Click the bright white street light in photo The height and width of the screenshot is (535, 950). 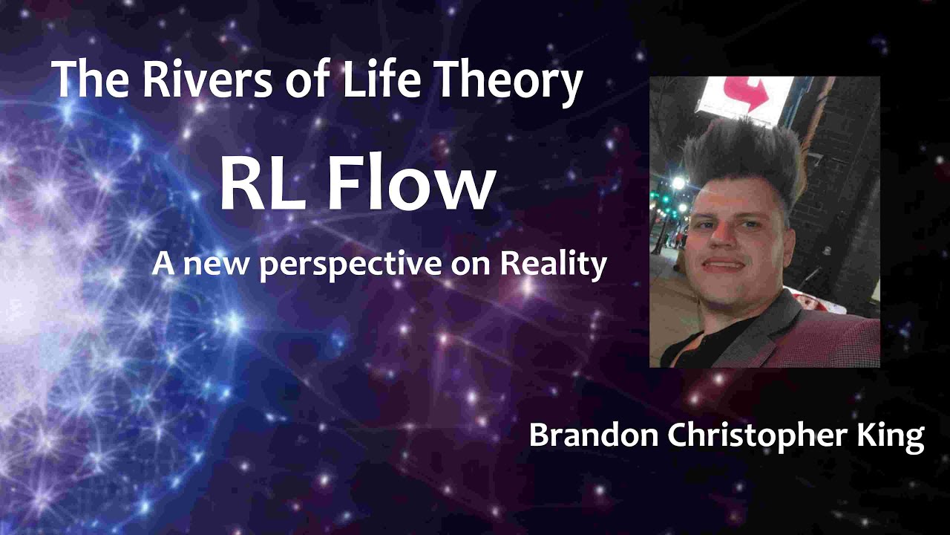[x=677, y=183]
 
